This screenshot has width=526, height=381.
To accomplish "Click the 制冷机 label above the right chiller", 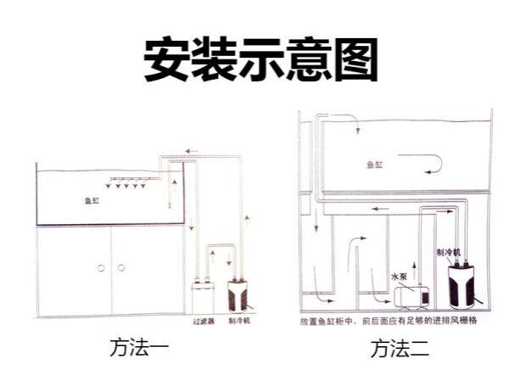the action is (x=447, y=253).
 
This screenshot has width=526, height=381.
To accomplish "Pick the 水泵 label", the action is (x=399, y=277).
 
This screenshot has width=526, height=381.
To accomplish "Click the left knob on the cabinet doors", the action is (x=100, y=268).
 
